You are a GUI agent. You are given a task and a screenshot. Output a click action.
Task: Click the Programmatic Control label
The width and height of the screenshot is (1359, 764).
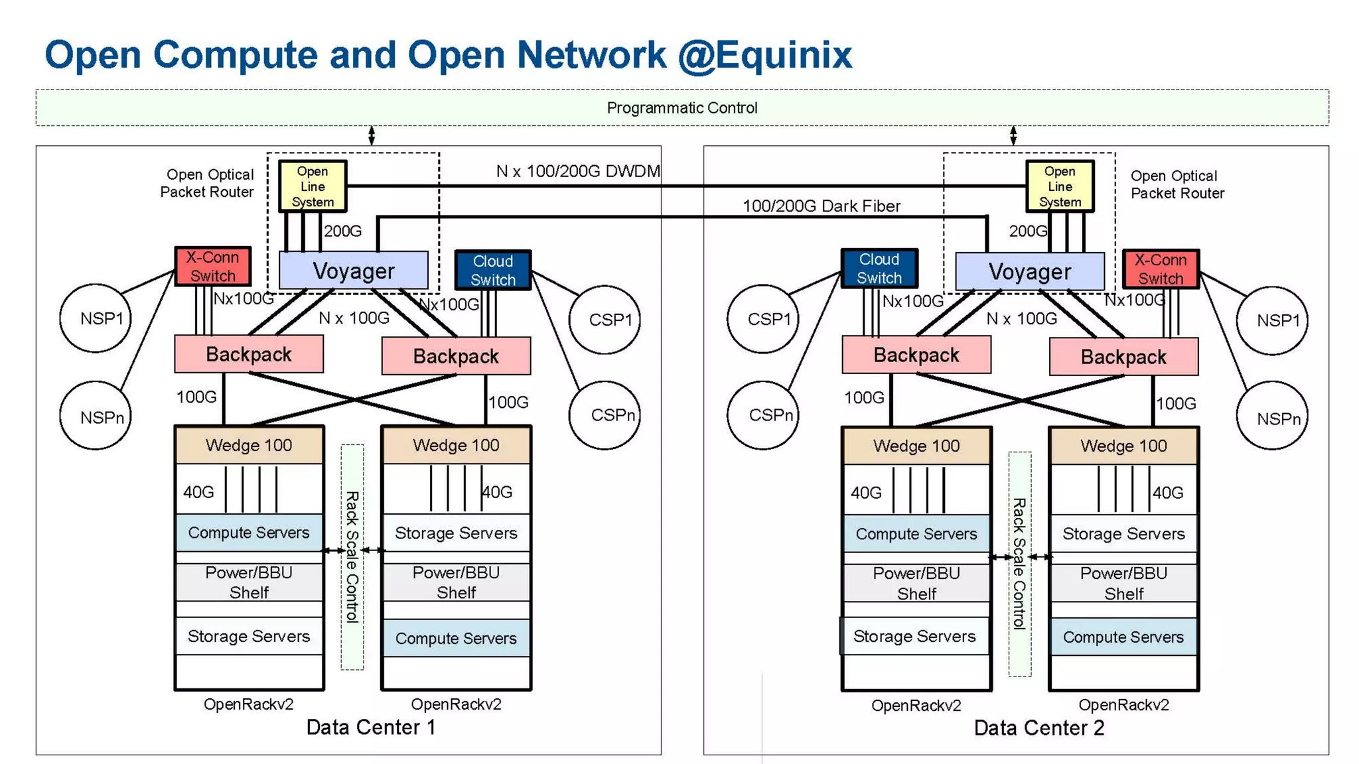681,107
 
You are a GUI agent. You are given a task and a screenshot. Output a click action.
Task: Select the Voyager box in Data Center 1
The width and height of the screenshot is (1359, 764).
353,271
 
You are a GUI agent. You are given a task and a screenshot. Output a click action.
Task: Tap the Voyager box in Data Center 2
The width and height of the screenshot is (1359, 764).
1029,271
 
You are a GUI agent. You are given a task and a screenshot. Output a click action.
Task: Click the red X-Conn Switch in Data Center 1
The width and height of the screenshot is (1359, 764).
212,266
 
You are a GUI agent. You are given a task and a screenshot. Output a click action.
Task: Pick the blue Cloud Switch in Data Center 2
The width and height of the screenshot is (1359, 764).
879,269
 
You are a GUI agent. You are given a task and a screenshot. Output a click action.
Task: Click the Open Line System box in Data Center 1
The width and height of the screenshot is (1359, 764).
313,186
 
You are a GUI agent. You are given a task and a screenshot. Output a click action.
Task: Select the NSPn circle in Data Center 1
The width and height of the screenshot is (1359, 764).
96,416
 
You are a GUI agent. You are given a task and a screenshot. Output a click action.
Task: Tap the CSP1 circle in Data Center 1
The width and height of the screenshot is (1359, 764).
604,320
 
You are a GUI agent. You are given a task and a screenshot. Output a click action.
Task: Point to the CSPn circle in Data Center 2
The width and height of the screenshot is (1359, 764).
763,415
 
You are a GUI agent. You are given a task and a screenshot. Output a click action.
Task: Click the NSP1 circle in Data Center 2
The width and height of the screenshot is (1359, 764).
1272,320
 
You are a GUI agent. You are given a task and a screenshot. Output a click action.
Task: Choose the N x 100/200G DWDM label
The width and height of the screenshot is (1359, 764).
577,171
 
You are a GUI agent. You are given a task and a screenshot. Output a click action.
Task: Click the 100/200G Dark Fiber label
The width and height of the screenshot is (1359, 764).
821,206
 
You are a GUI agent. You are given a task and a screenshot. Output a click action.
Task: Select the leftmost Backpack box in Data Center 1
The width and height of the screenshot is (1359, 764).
249,354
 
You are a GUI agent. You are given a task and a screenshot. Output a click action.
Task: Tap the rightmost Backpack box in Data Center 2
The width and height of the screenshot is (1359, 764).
1123,357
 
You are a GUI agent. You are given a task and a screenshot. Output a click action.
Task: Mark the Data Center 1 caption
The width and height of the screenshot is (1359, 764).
371,728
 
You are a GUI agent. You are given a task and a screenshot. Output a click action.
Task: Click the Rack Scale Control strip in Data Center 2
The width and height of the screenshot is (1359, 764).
1019,564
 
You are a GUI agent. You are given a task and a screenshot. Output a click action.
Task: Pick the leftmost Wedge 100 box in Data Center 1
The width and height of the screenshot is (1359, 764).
249,445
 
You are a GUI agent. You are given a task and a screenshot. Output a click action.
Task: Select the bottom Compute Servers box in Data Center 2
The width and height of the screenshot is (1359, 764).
1123,637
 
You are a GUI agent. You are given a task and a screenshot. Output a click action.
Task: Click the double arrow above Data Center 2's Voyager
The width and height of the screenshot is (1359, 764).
1013,135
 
